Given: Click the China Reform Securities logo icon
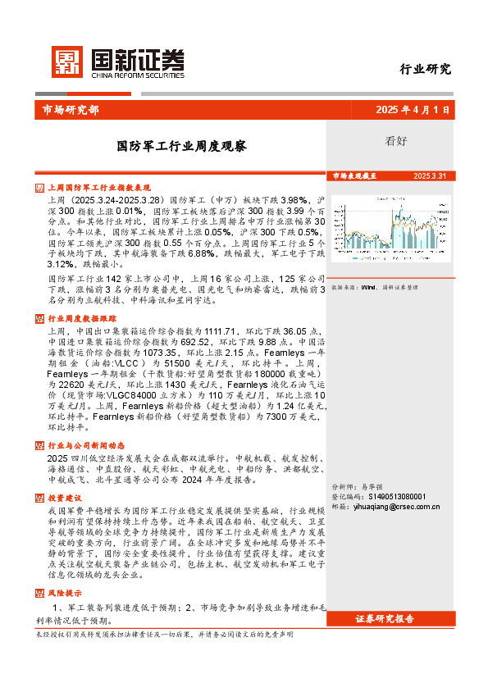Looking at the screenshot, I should [x=68, y=61].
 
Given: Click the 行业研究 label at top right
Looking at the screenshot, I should [x=425, y=70].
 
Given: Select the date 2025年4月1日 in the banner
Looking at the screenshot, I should [x=413, y=110].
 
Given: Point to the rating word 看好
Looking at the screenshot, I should [x=395, y=140].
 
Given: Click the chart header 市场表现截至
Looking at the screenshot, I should [x=354, y=176].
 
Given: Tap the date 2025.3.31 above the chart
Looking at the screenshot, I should [x=430, y=176].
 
